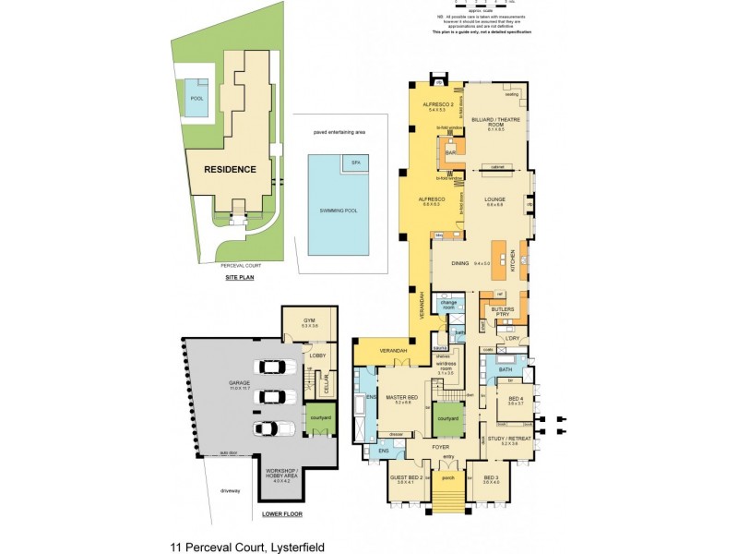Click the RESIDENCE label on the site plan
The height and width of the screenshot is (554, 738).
click(x=230, y=169)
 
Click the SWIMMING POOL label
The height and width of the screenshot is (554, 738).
click(x=339, y=210)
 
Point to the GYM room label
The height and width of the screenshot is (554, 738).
click(x=310, y=321)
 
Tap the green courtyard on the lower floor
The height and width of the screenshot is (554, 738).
click(x=318, y=416)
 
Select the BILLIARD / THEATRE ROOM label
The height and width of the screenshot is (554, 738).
click(x=495, y=121)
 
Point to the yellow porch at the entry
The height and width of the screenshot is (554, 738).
click(x=448, y=478)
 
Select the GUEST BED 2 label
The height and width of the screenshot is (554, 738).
click(x=409, y=478)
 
